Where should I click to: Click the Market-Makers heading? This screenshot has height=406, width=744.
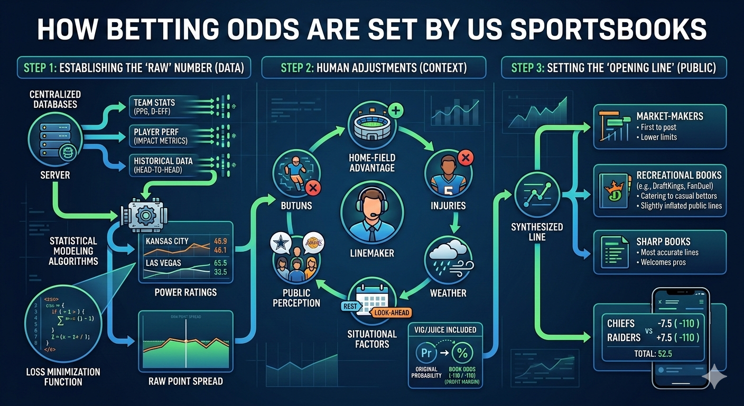670,116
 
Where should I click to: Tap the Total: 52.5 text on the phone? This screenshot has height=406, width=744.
653,353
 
